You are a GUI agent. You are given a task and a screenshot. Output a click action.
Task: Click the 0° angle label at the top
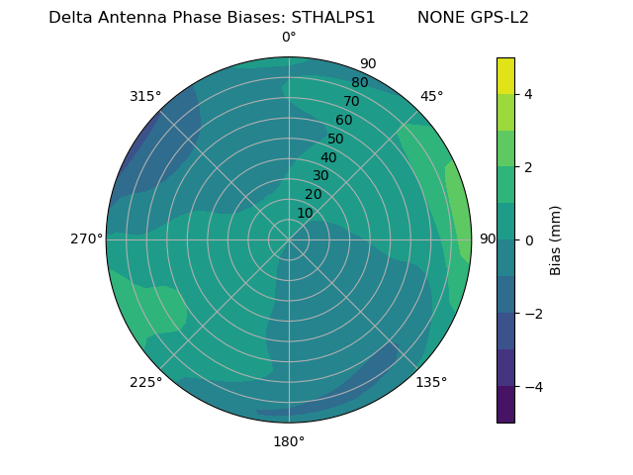click(x=289, y=38)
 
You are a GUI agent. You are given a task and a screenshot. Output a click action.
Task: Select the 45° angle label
click(x=431, y=96)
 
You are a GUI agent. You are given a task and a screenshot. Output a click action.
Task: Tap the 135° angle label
click(x=431, y=382)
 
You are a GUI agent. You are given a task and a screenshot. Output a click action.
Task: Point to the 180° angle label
click(x=289, y=441)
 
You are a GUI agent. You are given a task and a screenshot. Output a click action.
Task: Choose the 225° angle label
click(x=145, y=382)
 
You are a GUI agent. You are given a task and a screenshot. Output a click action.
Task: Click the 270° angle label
click(x=86, y=239)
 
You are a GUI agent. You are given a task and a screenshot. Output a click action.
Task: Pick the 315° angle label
click(x=145, y=96)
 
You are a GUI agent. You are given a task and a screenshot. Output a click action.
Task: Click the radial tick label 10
click(x=305, y=213)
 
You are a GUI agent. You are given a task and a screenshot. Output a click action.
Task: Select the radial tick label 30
click(x=320, y=176)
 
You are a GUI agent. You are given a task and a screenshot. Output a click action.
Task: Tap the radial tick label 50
click(x=335, y=140)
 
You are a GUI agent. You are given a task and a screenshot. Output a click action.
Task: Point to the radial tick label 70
click(x=351, y=101)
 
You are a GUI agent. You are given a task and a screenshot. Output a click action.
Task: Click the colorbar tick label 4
click(x=529, y=94)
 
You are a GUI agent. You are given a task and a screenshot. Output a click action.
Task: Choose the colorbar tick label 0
click(x=529, y=240)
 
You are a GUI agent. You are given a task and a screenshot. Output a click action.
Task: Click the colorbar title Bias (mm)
click(x=556, y=240)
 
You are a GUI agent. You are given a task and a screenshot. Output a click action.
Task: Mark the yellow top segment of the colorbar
click(x=505, y=75)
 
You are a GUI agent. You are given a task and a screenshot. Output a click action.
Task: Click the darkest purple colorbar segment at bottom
click(x=505, y=405)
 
